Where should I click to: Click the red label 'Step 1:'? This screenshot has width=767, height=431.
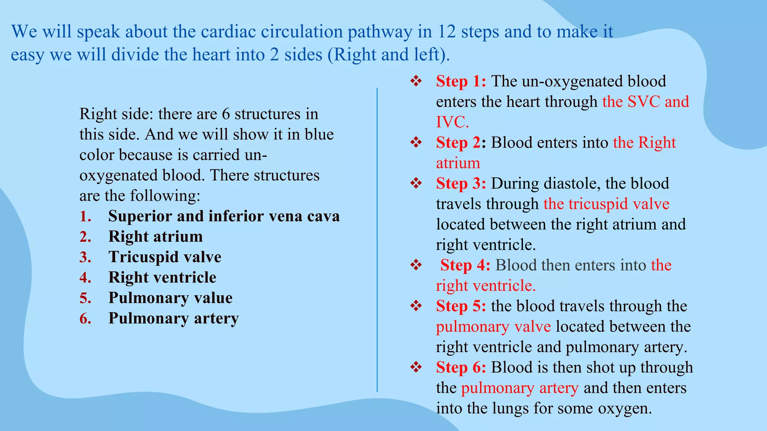point(461,82)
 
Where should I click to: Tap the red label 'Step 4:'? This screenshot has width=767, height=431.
point(465,265)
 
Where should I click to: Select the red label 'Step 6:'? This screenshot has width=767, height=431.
point(461,367)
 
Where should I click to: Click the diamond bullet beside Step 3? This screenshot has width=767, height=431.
point(416,183)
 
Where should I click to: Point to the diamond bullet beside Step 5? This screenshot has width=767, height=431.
point(416,306)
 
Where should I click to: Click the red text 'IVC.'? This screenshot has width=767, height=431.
point(452,122)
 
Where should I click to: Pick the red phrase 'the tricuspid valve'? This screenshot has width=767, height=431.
point(606,204)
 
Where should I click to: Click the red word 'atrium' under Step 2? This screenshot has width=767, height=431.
point(458,163)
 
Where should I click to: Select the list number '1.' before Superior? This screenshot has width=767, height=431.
point(85,217)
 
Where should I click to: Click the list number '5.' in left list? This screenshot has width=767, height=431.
point(85,298)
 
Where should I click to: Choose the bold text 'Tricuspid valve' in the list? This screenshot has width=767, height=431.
point(165,257)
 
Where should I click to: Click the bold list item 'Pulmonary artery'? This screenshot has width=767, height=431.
point(173,318)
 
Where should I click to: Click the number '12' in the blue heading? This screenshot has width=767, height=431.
point(446,32)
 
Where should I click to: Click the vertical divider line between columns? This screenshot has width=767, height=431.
point(377,239)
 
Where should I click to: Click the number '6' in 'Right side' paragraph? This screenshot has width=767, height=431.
point(225,114)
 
